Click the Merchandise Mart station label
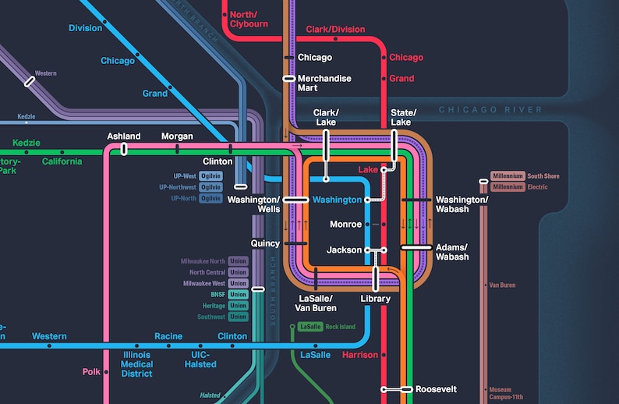(x=324, y=83)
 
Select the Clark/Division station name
(x=335, y=30)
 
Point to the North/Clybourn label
(x=249, y=19)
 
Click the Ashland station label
(x=123, y=136)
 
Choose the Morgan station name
(x=177, y=136)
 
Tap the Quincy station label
(x=265, y=243)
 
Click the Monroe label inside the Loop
(x=345, y=225)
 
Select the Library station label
(x=375, y=299)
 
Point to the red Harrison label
(x=359, y=355)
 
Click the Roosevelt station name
(x=436, y=389)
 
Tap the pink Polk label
(x=93, y=372)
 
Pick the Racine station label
(x=168, y=337)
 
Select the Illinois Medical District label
(x=136, y=364)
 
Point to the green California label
(x=62, y=161)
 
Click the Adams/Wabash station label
(x=452, y=251)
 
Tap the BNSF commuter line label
(x=218, y=295)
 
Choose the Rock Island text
(x=340, y=326)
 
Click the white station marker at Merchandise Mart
(x=289, y=79)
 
